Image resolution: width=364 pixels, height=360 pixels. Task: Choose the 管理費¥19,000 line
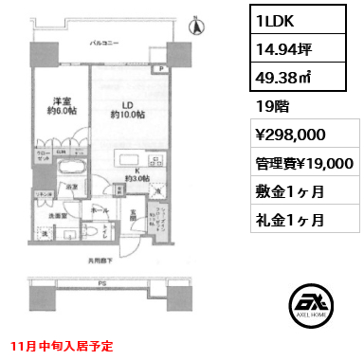304,162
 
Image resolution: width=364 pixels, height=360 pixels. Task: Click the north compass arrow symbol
197,27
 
